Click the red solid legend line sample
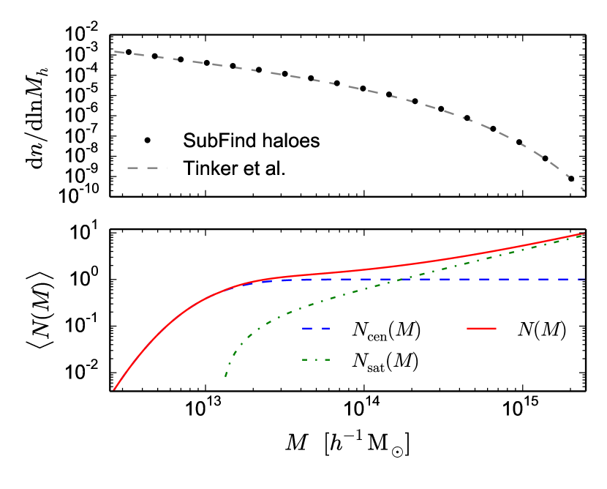[481, 329]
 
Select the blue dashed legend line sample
[316, 329]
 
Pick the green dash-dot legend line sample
[316, 359]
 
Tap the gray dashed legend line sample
[146, 168]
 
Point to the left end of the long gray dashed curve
[115, 51]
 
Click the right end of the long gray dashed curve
[584, 191]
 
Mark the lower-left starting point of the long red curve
[114, 389]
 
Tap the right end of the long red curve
[584, 233]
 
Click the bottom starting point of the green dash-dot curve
[225, 376]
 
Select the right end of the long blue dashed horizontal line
[584, 279]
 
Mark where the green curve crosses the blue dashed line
[401, 279]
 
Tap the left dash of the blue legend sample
[307, 329]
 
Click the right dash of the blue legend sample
[325, 329]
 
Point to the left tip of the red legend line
[467, 329]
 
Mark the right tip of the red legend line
[496, 329]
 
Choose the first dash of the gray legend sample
[133, 168]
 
